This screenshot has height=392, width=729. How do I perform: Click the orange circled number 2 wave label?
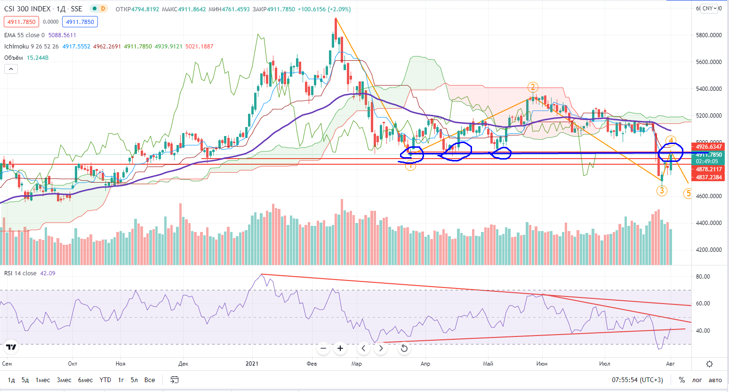(533, 87)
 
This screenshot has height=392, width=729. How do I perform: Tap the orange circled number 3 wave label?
(662, 191)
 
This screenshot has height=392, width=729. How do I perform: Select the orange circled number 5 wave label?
(688, 193)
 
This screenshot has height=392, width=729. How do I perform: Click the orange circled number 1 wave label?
(410, 165)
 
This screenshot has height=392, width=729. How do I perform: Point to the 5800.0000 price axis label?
(709, 35)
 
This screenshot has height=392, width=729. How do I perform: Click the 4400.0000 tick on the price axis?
(709, 223)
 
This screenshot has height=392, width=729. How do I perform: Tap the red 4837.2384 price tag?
(709, 177)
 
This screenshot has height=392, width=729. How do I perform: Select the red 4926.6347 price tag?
(709, 147)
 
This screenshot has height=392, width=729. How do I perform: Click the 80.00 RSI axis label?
(703, 277)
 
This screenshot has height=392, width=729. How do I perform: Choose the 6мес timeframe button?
(85, 380)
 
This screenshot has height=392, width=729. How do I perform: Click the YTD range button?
(105, 380)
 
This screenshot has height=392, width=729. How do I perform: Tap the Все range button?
(150, 380)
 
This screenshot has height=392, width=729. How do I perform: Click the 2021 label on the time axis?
(252, 364)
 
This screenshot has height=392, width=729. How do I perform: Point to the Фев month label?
(312, 364)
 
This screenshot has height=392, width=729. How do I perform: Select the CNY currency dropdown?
(710, 8)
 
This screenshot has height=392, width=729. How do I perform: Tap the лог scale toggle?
(697, 380)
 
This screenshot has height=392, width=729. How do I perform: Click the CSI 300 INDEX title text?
(27, 9)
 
